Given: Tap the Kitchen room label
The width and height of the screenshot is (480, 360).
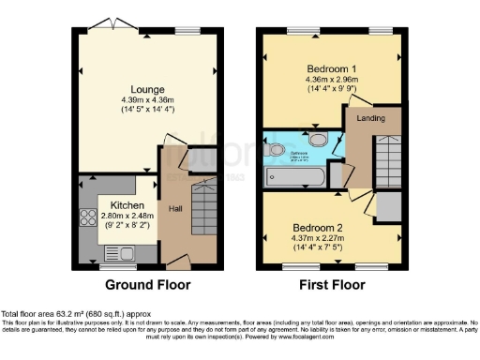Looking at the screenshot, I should click(127, 203).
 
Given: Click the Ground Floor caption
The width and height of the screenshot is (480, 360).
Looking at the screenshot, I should click(147, 285).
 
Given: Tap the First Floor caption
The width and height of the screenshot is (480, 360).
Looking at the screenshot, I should click(333, 285).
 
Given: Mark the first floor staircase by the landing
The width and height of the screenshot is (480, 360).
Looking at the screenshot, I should click(385, 159).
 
